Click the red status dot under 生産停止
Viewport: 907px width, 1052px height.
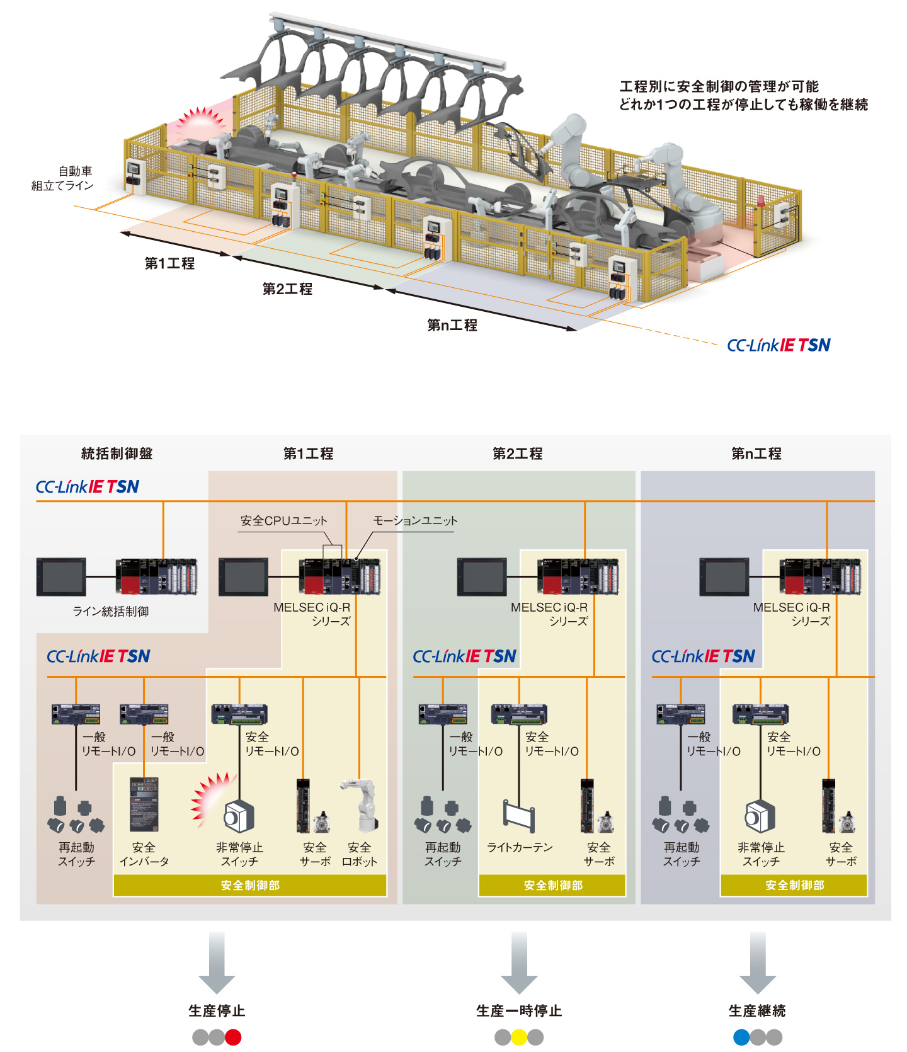(x=233, y=1037)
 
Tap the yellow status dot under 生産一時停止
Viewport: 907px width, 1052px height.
(x=519, y=1037)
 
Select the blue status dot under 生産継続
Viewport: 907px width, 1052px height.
(x=742, y=1037)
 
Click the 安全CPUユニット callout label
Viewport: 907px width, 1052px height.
(x=284, y=521)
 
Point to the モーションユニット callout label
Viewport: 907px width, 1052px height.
(x=415, y=521)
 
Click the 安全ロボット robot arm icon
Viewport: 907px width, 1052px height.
(x=361, y=805)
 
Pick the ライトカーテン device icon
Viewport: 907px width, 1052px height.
(x=519, y=815)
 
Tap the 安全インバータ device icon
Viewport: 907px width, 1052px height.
(x=144, y=804)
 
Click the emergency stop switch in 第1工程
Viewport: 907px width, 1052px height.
(x=239, y=816)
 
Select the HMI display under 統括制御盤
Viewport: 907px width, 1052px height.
(x=61, y=576)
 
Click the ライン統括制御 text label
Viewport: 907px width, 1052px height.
(x=111, y=611)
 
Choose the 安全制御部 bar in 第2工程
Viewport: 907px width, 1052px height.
(x=552, y=885)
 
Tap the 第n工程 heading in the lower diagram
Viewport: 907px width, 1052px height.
(x=756, y=454)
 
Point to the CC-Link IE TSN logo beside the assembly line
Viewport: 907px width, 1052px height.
(x=779, y=345)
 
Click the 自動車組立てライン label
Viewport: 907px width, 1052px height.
(x=63, y=178)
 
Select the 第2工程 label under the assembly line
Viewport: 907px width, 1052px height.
(x=287, y=289)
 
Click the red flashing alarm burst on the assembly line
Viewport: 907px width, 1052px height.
(x=200, y=121)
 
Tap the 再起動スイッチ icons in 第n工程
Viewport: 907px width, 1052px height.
(x=681, y=815)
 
